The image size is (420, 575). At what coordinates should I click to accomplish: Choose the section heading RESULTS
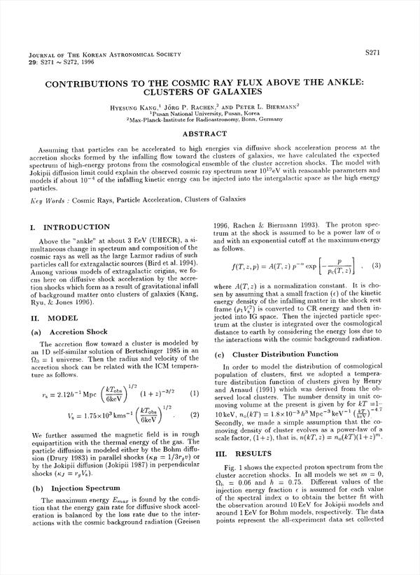(248, 454)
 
